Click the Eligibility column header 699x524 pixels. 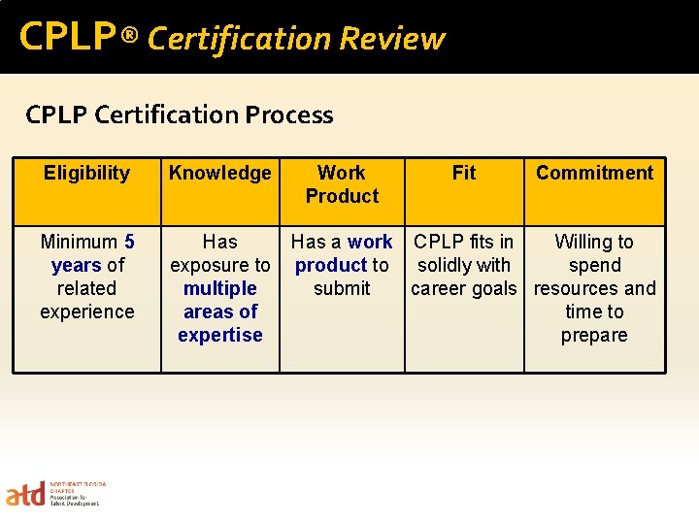click(86, 174)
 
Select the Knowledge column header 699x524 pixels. click(219, 174)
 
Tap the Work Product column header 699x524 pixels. click(342, 184)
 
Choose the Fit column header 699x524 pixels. click(464, 174)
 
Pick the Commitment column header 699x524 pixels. click(594, 174)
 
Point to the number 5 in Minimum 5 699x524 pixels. click(129, 242)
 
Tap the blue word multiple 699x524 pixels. click(219, 288)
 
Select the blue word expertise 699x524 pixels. click(219, 335)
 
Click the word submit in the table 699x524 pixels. click(342, 288)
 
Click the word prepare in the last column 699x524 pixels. click(594, 335)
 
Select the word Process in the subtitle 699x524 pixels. click(288, 115)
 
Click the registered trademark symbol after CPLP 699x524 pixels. click(130, 38)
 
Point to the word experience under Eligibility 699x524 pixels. click(86, 311)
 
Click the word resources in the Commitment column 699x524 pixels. click(578, 288)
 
